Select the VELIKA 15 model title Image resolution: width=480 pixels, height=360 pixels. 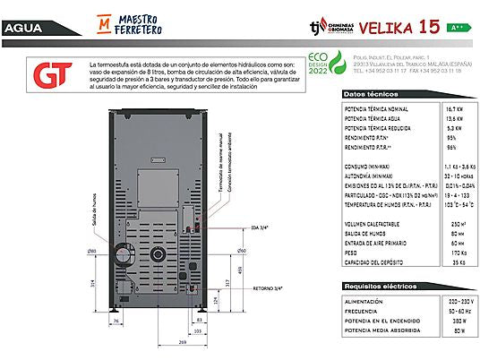(x=411, y=27)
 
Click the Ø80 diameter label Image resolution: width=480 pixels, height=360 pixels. (x=91, y=250)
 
